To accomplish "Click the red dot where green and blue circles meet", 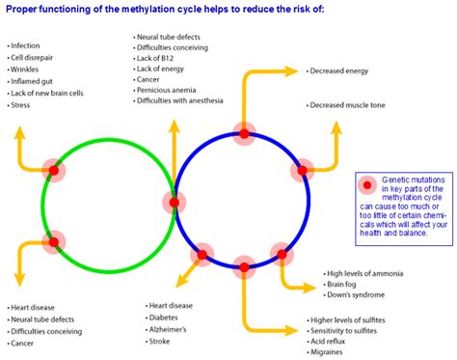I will pos(175,203).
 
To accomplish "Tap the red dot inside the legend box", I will pos(366,185).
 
